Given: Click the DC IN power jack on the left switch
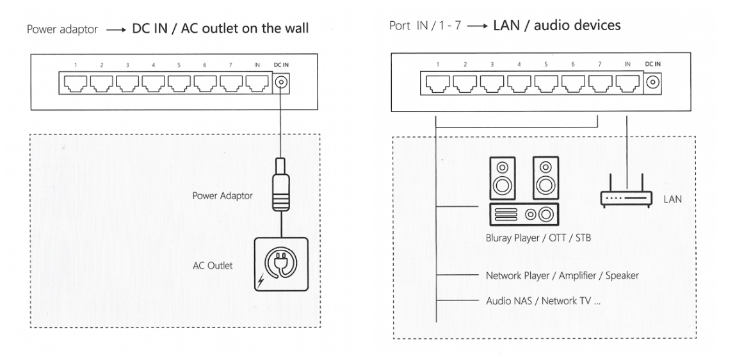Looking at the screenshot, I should point(280,83).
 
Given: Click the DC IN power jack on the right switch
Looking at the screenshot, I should point(653,82).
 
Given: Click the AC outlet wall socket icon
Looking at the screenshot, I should point(279,266).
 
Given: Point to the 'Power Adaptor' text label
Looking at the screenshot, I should point(222,196).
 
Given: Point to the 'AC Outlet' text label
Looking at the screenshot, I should point(213,265).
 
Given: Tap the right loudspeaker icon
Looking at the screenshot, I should point(545,177).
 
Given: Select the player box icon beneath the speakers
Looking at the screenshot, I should point(523,215).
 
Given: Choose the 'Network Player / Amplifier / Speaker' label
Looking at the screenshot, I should point(561,275).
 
